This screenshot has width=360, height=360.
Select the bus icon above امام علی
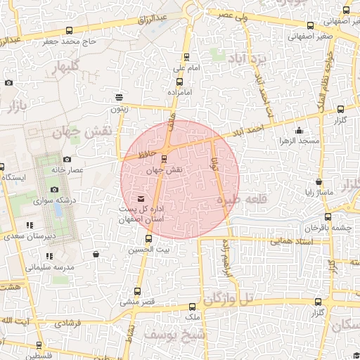coord(186,58)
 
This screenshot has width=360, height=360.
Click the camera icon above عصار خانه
coord(67,160)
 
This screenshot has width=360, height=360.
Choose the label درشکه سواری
coord(57,200)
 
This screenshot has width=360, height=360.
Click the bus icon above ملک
coord(193,307)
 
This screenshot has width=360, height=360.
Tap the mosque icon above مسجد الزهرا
coord(300,130)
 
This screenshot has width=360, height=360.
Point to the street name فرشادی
coord(68,323)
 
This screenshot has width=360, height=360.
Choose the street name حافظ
coord(145,151)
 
